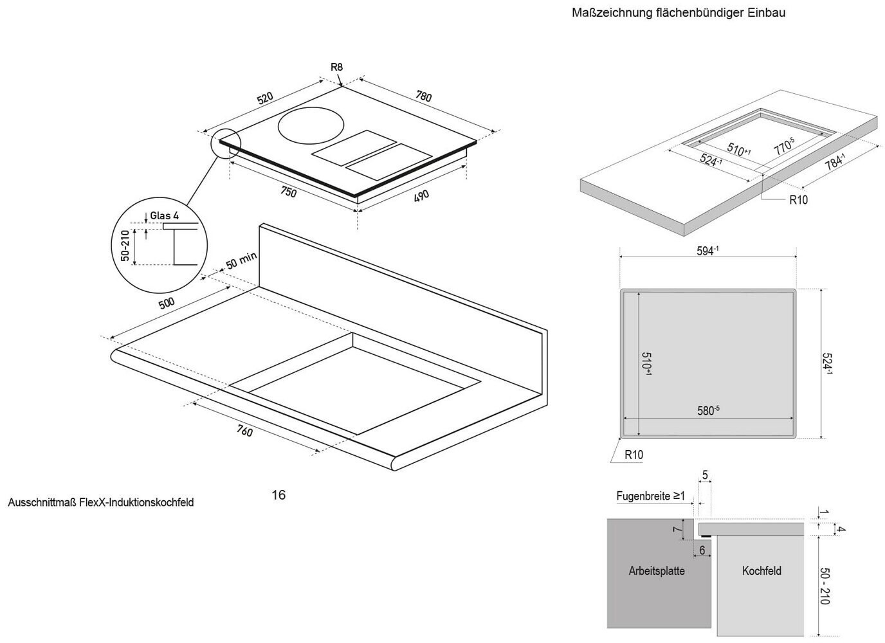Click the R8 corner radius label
tap(336, 67)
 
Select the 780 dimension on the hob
tap(423, 96)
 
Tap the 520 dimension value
tap(265, 98)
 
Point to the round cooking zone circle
tap(311, 125)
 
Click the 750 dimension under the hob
tap(289, 192)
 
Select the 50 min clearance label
tap(241, 261)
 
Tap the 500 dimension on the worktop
tap(166, 303)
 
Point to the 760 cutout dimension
tap(244, 431)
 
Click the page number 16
tap(278, 494)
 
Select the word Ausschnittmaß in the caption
tap(41, 502)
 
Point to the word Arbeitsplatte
tap(657, 570)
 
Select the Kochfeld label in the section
tap(762, 570)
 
